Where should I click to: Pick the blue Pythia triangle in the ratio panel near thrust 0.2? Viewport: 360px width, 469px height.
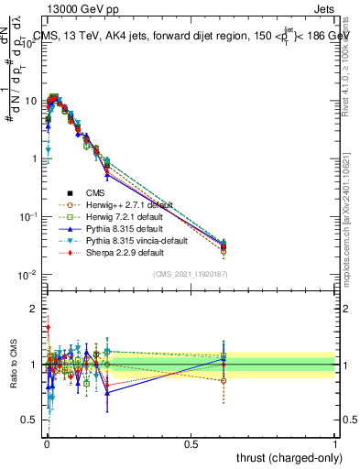click(107, 392)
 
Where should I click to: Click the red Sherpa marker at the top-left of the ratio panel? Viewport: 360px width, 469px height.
click(47, 327)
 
